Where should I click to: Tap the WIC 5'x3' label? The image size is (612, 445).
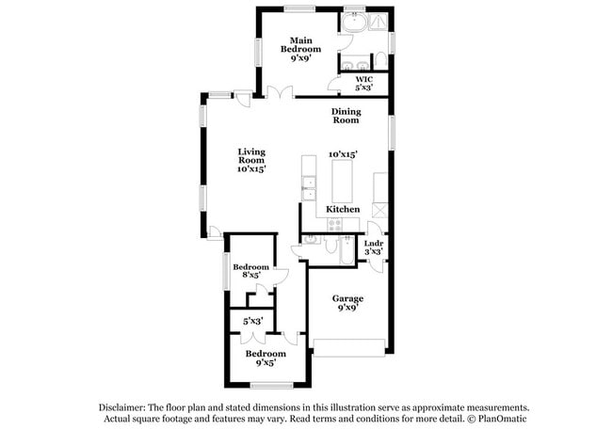pyautogui.click(x=363, y=83)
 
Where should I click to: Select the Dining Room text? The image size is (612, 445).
pyautogui.click(x=346, y=116)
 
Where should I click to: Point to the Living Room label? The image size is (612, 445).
pyautogui.click(x=250, y=160)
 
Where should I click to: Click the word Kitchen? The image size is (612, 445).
pyautogui.click(x=343, y=209)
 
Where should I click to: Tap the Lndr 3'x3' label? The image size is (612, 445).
pyautogui.click(x=373, y=247)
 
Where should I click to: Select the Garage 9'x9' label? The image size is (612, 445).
pyautogui.click(x=347, y=302)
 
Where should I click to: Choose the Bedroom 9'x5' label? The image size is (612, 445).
pyautogui.click(x=265, y=358)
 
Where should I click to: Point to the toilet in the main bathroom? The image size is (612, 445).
pyautogui.click(x=379, y=61)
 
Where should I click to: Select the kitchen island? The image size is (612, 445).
pyautogui.click(x=341, y=179)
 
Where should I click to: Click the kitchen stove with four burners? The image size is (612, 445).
pyautogui.click(x=336, y=224)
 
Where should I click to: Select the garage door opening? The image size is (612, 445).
pyautogui.click(x=348, y=355)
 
